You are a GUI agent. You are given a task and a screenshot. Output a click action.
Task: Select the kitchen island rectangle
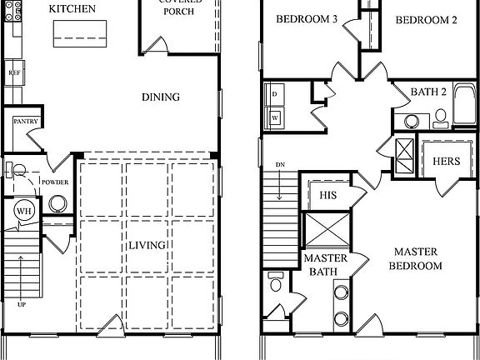tap(81, 32)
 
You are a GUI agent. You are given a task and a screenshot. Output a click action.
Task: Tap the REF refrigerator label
tap(14, 72)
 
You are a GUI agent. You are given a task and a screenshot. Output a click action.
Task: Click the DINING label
tap(160, 97)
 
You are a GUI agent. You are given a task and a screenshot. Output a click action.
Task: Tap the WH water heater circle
tap(22, 212)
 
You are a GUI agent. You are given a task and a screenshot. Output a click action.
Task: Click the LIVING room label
tap(147, 245)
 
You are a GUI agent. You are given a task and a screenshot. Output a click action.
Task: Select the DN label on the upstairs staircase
tap(280, 164)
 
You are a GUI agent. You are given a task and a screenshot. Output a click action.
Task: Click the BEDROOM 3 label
tap(306, 20)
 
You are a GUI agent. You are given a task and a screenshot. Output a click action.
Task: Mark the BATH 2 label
tap(431, 90)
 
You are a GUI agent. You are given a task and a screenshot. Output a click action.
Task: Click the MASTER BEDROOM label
tap(417, 258)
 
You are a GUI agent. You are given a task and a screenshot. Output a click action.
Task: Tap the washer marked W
tap(275, 117)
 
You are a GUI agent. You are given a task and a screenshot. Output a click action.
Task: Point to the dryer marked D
tap(275, 95)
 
